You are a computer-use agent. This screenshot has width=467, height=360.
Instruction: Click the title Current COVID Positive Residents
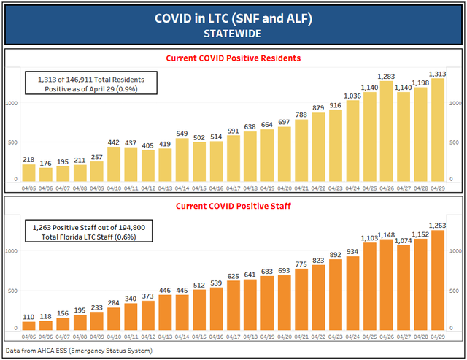click(233, 58)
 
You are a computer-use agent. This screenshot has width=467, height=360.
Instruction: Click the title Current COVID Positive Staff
click(233, 206)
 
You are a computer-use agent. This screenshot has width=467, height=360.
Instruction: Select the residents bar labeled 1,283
click(386, 132)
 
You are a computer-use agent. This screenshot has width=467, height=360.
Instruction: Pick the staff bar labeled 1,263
click(438, 280)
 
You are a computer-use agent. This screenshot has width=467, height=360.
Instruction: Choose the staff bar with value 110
click(29, 326)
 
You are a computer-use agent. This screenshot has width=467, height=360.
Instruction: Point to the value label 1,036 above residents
click(351, 95)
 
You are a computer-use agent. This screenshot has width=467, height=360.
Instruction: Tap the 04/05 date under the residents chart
click(29, 187)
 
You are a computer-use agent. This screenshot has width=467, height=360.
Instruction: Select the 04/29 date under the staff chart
click(438, 337)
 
